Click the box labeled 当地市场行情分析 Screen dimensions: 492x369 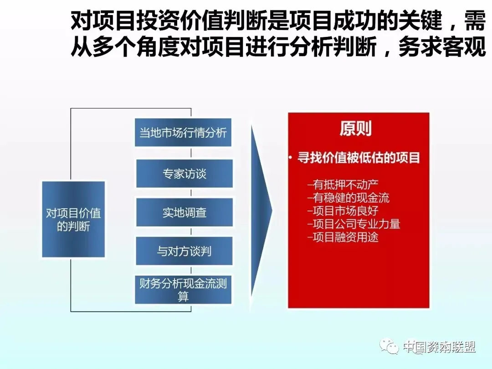[183, 132]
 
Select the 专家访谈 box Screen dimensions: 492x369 [184, 174]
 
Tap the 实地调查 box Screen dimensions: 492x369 [184, 212]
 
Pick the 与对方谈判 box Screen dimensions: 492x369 [184, 251]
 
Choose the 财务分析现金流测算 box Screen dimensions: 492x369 [183, 290]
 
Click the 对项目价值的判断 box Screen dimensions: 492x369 [73, 219]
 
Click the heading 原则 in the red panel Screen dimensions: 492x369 [355, 128]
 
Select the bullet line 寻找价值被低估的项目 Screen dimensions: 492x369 [359, 158]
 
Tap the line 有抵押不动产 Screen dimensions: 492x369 [343, 184]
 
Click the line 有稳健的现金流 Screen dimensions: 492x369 [348, 198]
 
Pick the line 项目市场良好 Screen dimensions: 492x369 [343, 211]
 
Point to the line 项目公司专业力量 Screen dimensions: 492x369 [354, 224]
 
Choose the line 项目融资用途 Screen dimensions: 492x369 [343, 237]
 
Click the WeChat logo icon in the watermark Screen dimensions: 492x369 [389, 346]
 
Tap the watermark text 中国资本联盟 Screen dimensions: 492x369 [440, 347]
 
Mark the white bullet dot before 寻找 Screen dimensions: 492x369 [291, 158]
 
